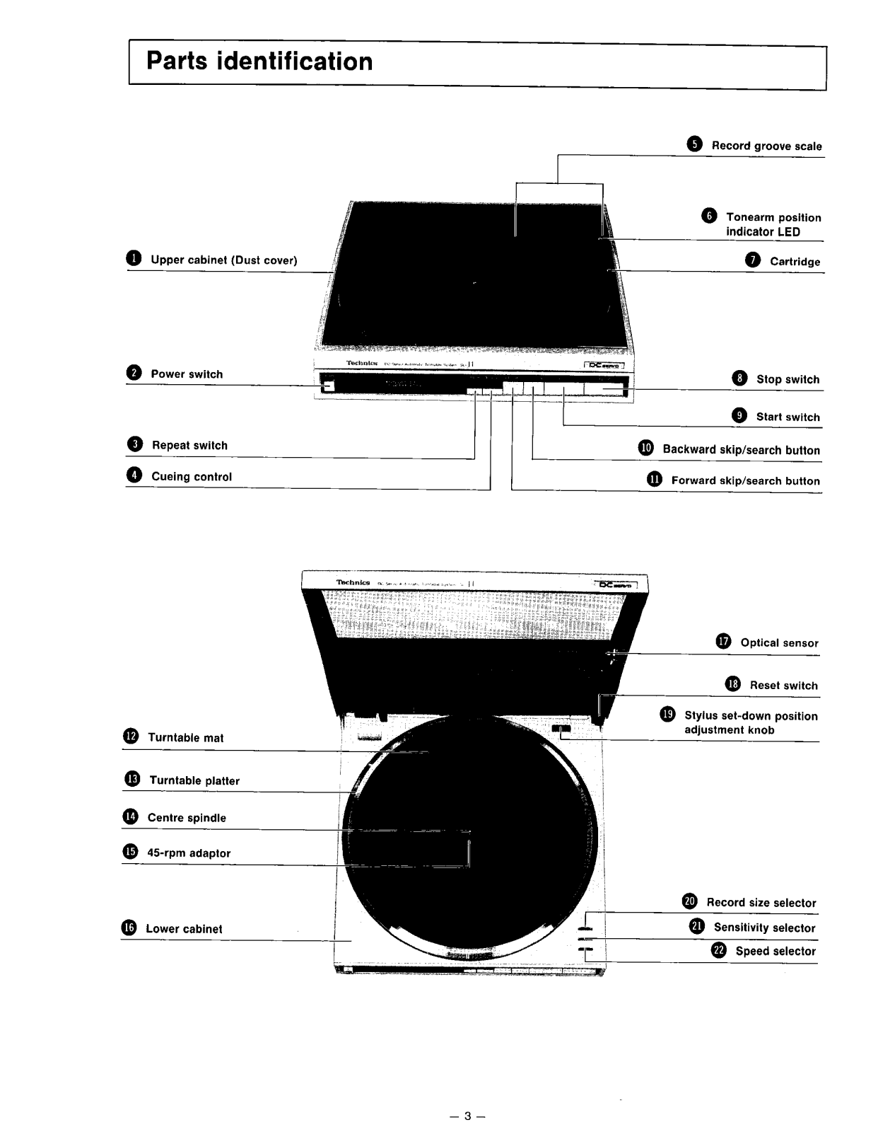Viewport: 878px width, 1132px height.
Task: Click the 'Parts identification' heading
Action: click(x=259, y=62)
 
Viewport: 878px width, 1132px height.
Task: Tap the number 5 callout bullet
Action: click(x=694, y=145)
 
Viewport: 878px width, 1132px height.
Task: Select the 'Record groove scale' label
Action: click(x=766, y=146)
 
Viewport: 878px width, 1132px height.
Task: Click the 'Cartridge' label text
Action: click(x=795, y=262)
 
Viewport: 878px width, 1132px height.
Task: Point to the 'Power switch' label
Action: click(x=187, y=374)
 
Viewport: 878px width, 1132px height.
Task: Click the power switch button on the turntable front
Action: click(x=326, y=386)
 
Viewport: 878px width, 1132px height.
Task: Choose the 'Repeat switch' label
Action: click(x=189, y=446)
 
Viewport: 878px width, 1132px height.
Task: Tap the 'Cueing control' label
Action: click(x=192, y=477)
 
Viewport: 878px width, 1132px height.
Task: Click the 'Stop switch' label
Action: click(x=788, y=379)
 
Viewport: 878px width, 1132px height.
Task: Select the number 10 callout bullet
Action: click(x=646, y=449)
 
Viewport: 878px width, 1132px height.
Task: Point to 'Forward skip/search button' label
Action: click(x=745, y=481)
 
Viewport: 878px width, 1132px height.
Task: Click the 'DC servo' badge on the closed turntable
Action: click(x=603, y=365)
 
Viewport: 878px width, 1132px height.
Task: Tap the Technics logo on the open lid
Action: click(x=353, y=582)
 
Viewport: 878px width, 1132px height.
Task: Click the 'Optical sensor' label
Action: click(x=779, y=643)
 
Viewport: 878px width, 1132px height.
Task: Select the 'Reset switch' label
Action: click(x=783, y=686)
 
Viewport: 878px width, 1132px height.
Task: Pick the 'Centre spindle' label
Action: click(x=187, y=818)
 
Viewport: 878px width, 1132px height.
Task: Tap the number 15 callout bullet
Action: click(x=131, y=852)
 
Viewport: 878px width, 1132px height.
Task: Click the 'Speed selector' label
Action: click(x=775, y=952)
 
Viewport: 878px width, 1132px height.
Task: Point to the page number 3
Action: click(x=467, y=1116)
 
